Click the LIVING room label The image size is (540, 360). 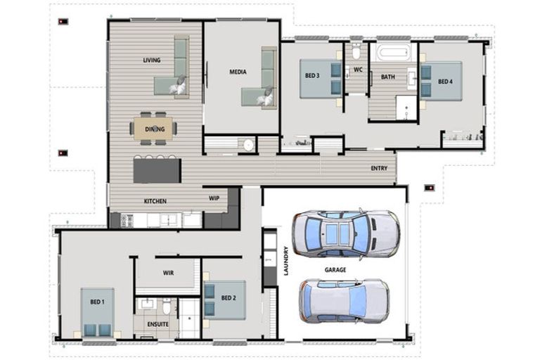pos(152,60)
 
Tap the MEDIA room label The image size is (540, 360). pos(237,72)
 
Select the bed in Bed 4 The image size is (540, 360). pos(438,82)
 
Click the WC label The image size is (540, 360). pos(357,70)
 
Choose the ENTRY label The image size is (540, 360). pos(379,169)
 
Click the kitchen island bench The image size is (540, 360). pos(157,170)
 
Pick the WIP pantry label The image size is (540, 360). pos(214,198)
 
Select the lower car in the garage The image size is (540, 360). pos(343,300)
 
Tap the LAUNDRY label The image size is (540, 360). pos(286,261)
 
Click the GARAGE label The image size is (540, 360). pos(335,269)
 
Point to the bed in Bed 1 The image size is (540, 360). pos(96,312)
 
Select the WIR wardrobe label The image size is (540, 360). pos(168,272)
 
